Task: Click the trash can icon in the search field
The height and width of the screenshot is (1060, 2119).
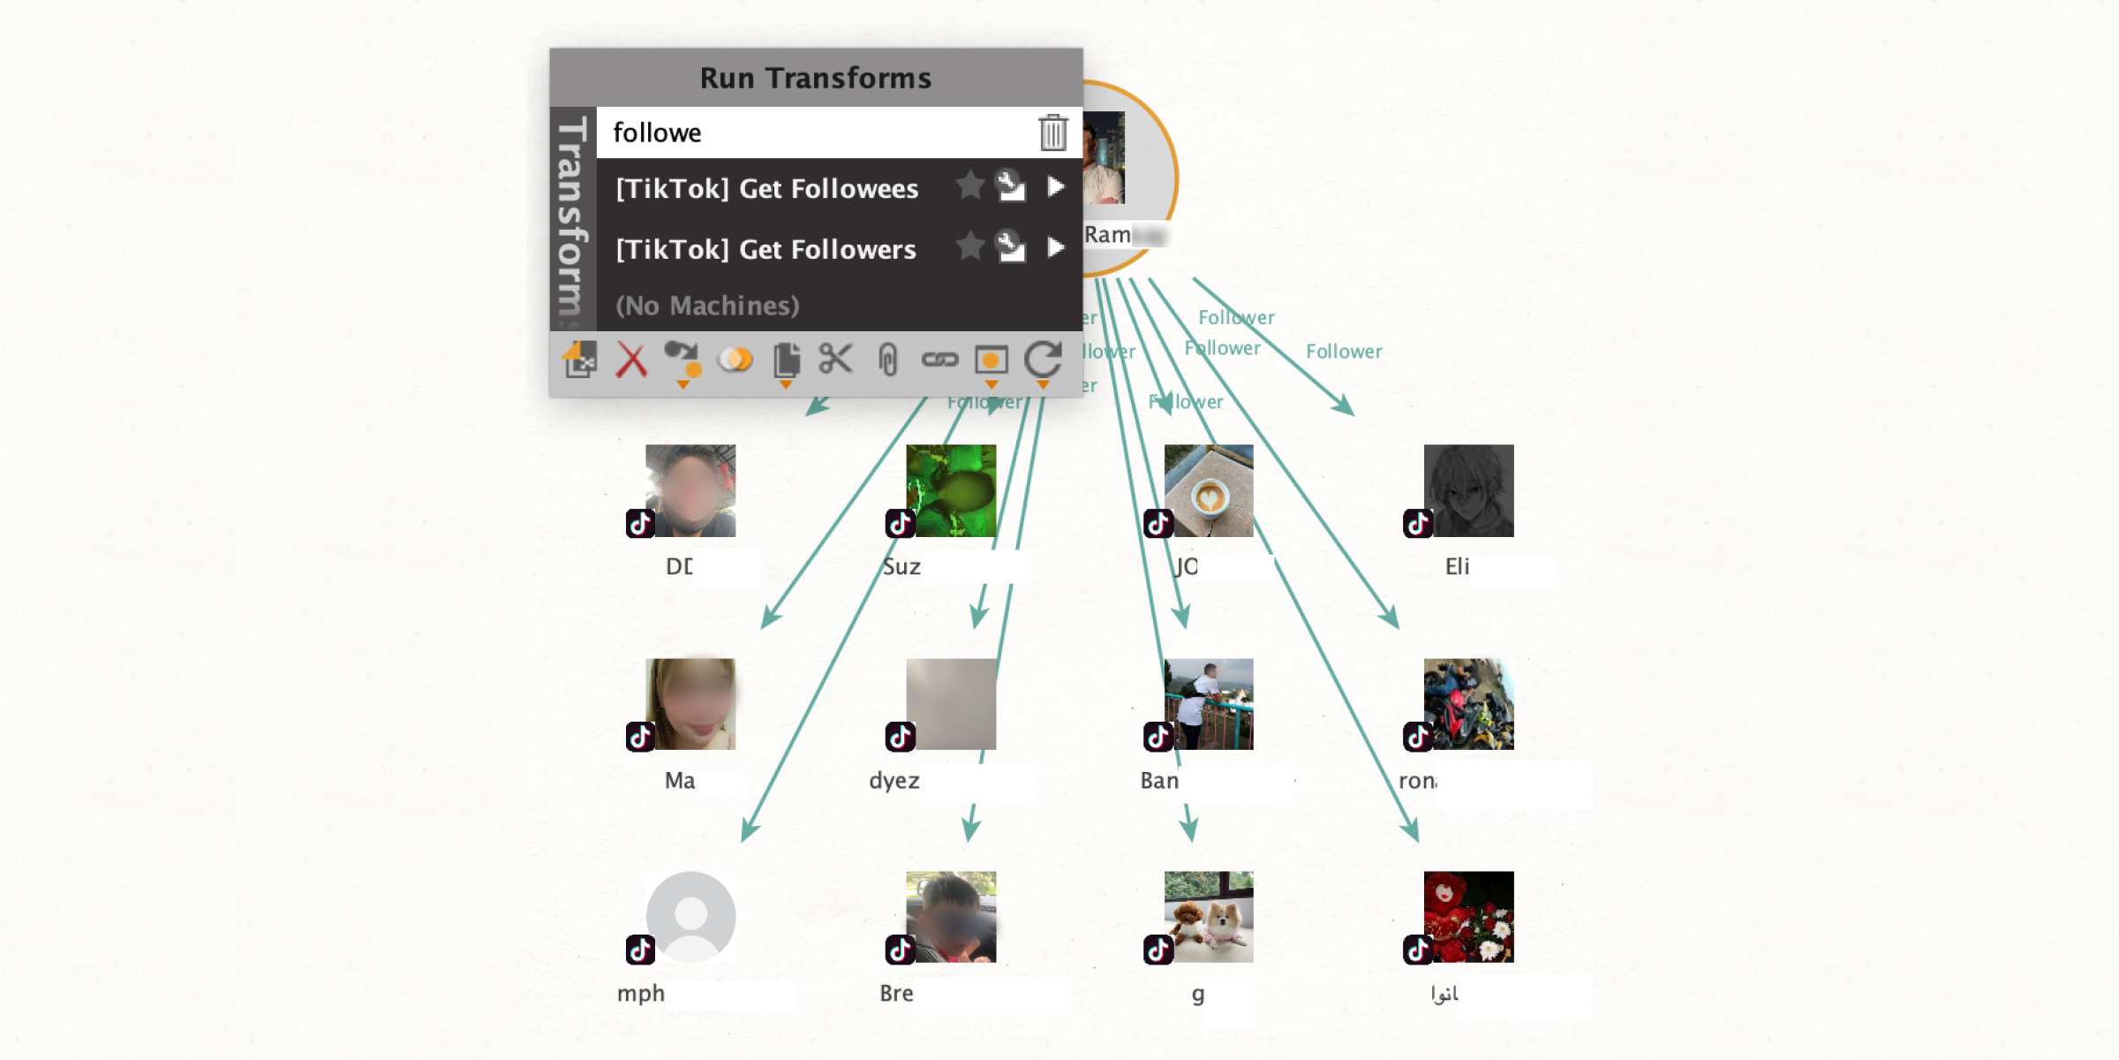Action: (x=1052, y=132)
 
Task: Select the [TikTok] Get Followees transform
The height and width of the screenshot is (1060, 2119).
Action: (x=766, y=188)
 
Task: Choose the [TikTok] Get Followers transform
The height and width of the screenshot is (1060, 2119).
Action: (x=765, y=249)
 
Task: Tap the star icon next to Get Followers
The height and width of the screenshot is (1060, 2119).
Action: (x=969, y=246)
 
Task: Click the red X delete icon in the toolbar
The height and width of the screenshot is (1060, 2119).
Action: (x=631, y=360)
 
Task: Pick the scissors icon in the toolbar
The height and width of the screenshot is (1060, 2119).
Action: (x=835, y=360)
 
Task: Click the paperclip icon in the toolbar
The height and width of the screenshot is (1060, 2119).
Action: (x=888, y=360)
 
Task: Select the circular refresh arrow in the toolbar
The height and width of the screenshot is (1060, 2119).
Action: (x=1043, y=360)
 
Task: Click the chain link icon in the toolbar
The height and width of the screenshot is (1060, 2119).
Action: (x=939, y=360)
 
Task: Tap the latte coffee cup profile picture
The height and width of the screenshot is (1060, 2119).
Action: (x=1209, y=491)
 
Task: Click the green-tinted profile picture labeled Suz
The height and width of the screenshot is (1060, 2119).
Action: (x=951, y=491)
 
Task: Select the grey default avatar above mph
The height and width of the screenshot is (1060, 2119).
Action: (x=691, y=917)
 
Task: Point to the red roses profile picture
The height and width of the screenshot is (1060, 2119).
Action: (x=1469, y=917)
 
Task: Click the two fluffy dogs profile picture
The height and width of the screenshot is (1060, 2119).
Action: (x=1209, y=917)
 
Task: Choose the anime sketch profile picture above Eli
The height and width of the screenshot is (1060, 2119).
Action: (x=1469, y=491)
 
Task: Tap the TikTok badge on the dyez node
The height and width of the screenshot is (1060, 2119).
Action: (x=901, y=736)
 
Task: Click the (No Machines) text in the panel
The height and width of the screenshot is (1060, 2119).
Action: (x=707, y=306)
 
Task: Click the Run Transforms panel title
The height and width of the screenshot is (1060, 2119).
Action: (x=816, y=78)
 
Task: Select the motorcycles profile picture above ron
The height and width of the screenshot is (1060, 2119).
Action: (x=1469, y=704)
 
